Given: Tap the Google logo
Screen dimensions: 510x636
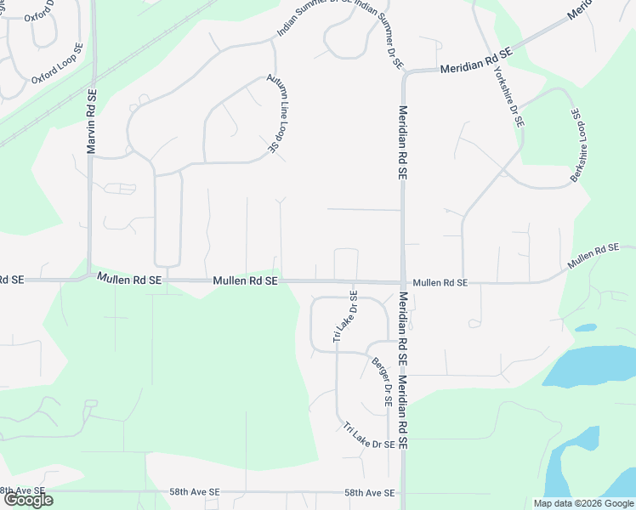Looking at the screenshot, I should pyautogui.click(x=27, y=500).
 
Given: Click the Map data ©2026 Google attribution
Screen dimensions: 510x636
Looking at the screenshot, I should pyautogui.click(x=582, y=503).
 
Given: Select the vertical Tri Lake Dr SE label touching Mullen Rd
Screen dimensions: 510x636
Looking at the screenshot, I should pyautogui.click(x=345, y=316).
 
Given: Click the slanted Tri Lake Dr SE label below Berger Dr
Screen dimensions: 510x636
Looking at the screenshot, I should pyautogui.click(x=369, y=435).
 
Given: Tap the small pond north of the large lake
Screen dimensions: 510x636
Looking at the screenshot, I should pyautogui.click(x=584, y=327).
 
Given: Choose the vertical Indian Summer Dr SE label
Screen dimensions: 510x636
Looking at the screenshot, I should pyautogui.click(x=379, y=35).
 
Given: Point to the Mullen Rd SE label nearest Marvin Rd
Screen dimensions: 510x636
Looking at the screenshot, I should pyautogui.click(x=128, y=279).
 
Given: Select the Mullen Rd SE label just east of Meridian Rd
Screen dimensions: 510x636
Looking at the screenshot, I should pyautogui.click(x=440, y=282).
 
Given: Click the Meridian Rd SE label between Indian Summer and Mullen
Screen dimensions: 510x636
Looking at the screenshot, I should pyautogui.click(x=403, y=142).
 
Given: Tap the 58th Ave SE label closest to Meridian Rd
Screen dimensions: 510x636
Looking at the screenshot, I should pyautogui.click(x=369, y=493).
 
